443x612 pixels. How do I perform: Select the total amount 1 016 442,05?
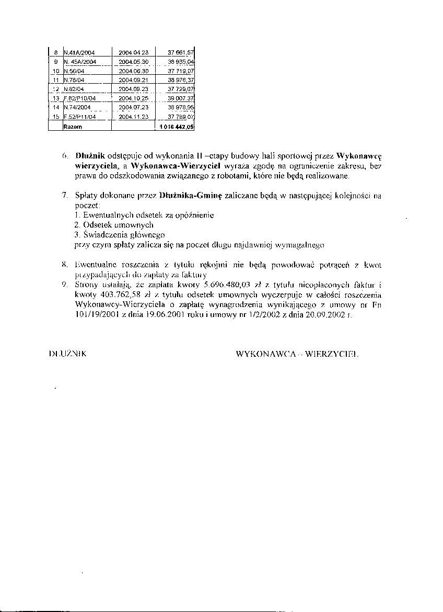click(176, 127)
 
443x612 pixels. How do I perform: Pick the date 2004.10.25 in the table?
click(134, 98)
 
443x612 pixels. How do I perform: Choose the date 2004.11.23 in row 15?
click(134, 117)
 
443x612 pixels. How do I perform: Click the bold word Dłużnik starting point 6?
click(90, 156)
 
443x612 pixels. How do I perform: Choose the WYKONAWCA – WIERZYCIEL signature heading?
click(298, 354)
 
